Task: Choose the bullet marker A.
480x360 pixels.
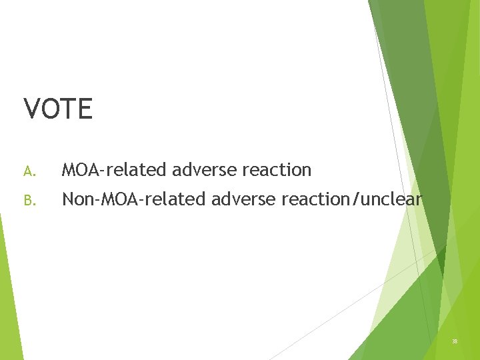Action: click(28, 171)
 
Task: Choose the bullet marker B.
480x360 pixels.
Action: click(28, 199)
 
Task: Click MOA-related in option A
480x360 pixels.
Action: click(114, 170)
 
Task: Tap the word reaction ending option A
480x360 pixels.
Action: click(277, 170)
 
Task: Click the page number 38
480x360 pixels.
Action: click(455, 341)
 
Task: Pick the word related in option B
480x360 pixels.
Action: click(172, 198)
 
